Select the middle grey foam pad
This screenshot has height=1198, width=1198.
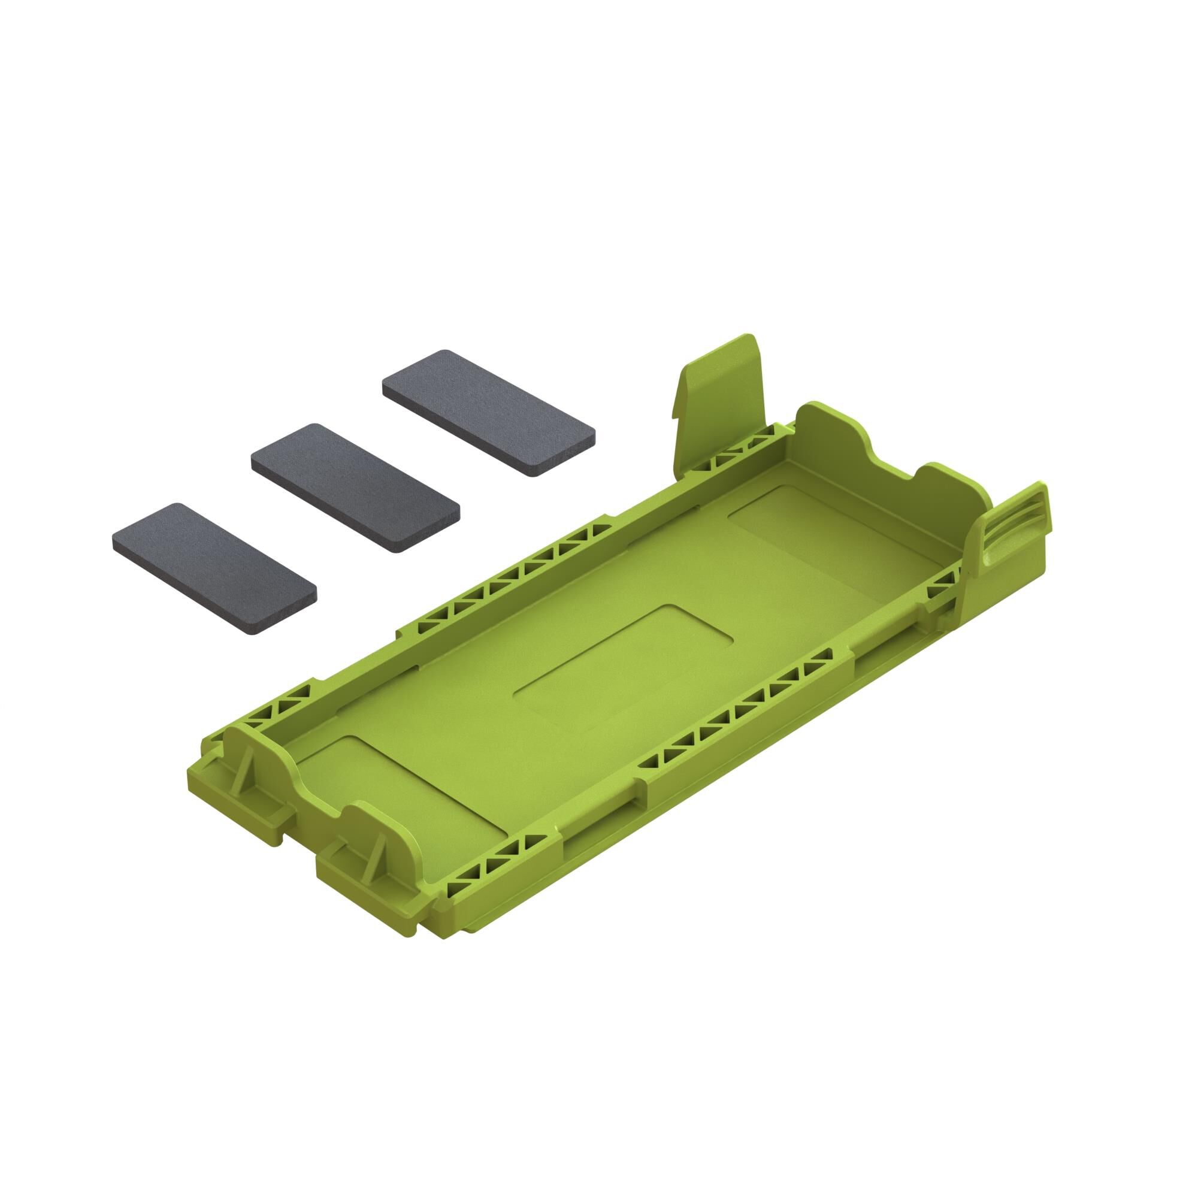click(355, 488)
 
